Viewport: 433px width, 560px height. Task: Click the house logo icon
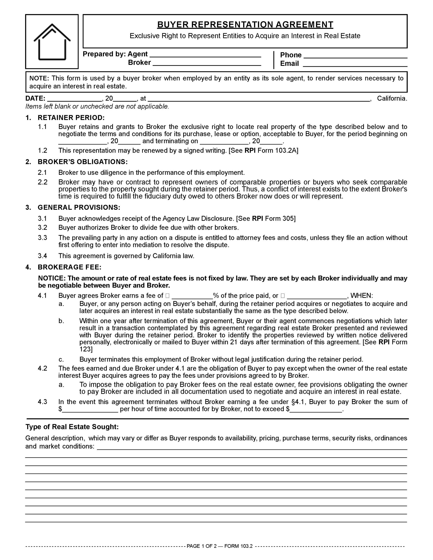52,42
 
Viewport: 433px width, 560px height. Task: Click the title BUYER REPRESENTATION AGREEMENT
245,25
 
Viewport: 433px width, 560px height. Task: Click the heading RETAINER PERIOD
71,118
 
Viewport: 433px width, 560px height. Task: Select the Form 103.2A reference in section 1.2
278,150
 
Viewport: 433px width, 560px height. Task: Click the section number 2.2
43,182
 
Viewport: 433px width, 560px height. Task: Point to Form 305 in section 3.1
280,219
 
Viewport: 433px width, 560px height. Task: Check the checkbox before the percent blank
167,296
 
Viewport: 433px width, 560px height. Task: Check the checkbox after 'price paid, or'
283,296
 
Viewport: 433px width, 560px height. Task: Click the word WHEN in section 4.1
361,296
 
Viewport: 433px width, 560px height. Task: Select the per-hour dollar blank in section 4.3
90,409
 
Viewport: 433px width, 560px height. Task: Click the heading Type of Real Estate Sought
72,427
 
